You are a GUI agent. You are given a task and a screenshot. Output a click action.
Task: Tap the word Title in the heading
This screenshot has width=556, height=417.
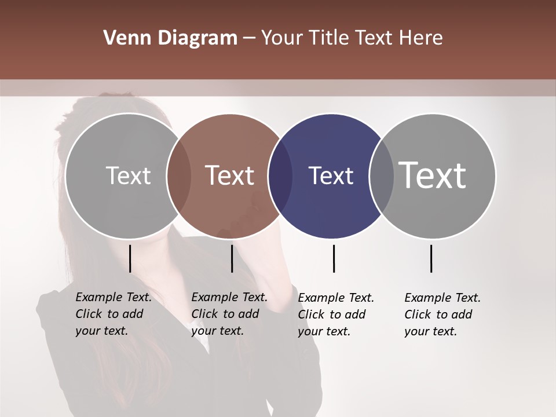pos(328,38)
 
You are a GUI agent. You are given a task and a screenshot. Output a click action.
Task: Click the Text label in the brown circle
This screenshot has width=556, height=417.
pos(230,175)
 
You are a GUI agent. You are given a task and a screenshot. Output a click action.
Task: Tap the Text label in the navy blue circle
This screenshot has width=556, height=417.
pos(331,175)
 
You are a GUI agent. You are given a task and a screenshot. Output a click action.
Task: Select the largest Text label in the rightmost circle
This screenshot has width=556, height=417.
pos(433,175)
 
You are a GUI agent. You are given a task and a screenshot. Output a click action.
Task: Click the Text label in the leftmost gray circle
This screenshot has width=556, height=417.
pos(128,175)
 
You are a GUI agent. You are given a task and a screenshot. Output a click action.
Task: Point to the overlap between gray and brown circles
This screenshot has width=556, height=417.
pos(179,175)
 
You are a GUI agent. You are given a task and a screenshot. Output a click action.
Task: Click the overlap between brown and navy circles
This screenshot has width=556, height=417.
pos(280,175)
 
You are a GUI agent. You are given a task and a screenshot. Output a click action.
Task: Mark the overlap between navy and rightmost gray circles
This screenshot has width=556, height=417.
pos(382,175)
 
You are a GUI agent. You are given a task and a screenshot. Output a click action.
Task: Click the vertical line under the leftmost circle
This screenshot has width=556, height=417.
pos(130,258)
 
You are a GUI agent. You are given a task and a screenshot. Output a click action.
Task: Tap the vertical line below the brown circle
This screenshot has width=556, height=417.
pos(232,258)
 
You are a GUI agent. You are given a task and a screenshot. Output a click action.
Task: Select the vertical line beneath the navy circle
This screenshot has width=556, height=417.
pos(334,258)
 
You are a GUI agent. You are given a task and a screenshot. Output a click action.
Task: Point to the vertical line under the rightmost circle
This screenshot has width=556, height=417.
pos(431,258)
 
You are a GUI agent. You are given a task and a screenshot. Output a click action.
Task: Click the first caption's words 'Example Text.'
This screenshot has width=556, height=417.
pos(114,297)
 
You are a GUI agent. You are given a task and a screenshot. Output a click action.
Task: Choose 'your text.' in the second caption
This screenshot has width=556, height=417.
pos(217,331)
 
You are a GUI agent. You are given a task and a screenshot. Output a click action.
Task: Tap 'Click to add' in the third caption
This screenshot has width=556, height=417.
pos(332,314)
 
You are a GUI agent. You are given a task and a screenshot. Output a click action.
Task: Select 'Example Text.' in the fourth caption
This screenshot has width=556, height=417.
pos(442,298)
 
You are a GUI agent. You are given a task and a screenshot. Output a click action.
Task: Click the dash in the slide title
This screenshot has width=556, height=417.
pos(249,38)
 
